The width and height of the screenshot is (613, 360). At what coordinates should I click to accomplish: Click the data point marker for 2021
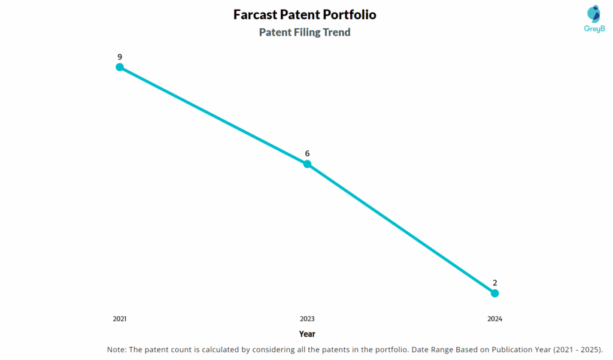120,67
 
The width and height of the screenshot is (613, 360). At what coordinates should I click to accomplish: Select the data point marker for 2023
307,164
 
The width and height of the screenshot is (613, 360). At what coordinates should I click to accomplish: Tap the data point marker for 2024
494,293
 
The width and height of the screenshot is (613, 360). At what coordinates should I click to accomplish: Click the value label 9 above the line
120,57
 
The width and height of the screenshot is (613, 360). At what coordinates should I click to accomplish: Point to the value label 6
307,153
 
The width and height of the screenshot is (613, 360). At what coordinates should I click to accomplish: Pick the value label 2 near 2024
494,282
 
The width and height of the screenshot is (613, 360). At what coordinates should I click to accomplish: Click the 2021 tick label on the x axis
120,319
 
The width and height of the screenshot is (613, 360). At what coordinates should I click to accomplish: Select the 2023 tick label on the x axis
307,319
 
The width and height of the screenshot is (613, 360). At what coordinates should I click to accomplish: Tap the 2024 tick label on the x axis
494,319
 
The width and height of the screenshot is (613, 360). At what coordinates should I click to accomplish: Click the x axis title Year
307,334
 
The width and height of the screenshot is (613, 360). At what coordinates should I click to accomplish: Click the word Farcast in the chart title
258,14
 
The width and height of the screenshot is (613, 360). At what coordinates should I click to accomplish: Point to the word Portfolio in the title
349,14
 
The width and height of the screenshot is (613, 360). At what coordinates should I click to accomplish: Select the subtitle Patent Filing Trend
305,32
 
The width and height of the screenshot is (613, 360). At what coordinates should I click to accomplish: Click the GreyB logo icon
594,14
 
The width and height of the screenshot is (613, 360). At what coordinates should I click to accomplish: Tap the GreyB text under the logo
594,28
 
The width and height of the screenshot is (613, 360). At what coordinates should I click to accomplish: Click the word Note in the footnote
116,349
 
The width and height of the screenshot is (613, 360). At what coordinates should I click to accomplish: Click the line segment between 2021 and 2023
213,116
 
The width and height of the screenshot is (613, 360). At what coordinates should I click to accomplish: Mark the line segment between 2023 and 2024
401,229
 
